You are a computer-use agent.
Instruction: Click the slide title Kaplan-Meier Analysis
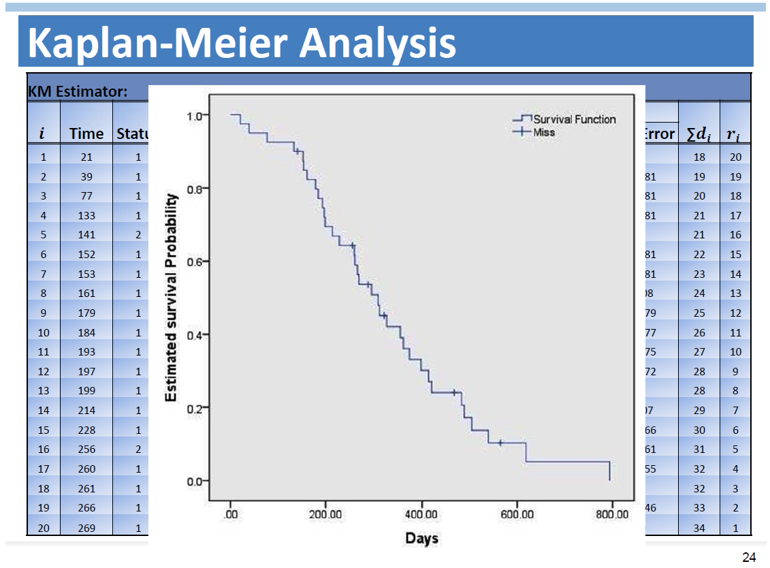click(242, 42)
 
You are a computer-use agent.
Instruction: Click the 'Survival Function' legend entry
click(574, 119)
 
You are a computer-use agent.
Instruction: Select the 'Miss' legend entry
click(543, 132)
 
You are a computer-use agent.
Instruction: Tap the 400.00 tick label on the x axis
click(421, 514)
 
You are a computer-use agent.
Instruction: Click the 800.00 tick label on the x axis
click(611, 514)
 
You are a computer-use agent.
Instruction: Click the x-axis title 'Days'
click(421, 538)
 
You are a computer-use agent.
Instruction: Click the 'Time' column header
click(86, 133)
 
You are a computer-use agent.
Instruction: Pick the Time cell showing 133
click(86, 215)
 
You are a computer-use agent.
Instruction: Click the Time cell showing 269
click(86, 528)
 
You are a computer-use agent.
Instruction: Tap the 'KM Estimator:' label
click(78, 92)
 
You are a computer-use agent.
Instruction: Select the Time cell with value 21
click(86, 157)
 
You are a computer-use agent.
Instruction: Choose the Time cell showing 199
click(86, 391)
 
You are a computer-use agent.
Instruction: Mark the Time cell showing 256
click(86, 449)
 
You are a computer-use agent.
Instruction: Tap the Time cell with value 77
click(86, 196)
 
